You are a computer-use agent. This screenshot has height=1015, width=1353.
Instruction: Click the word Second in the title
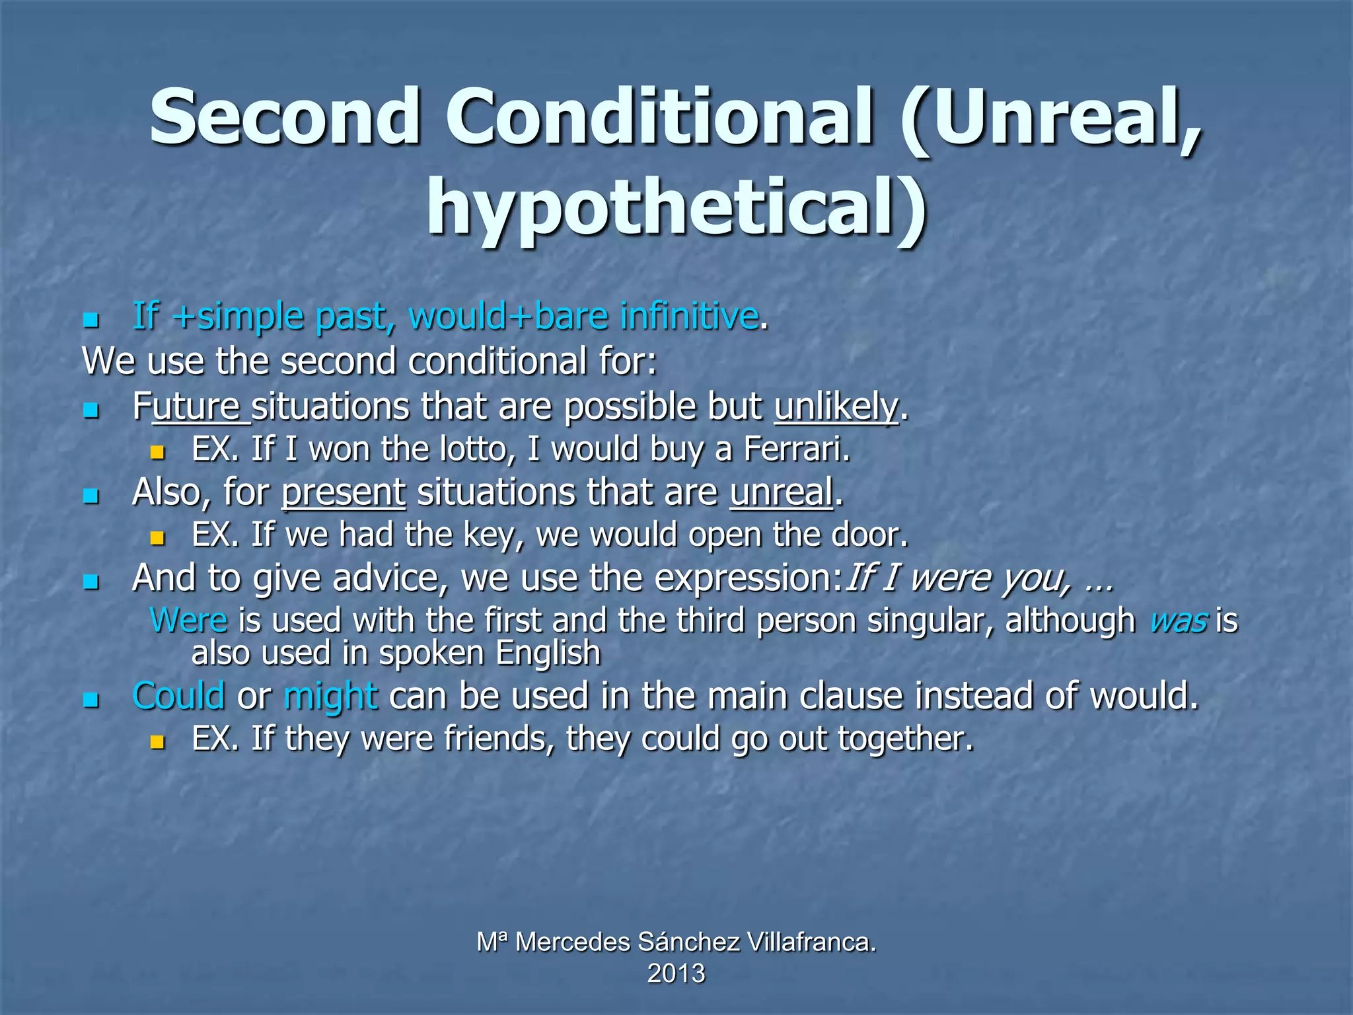(x=285, y=117)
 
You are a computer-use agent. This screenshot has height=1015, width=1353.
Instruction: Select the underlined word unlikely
(x=836, y=406)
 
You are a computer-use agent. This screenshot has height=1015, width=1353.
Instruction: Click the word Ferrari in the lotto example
(x=795, y=449)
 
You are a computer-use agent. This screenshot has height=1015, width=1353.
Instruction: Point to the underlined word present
(x=344, y=493)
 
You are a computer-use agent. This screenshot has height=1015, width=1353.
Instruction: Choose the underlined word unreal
(x=782, y=493)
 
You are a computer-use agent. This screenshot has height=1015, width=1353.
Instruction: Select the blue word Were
(x=189, y=620)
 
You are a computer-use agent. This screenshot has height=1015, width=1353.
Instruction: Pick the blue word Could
(x=178, y=696)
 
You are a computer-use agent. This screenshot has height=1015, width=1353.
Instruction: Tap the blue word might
(x=330, y=696)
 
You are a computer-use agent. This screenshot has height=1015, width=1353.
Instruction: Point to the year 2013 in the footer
(x=676, y=973)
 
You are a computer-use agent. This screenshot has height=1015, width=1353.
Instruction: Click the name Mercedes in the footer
(x=572, y=942)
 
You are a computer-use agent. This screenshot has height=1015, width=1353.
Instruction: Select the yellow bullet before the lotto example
(x=157, y=453)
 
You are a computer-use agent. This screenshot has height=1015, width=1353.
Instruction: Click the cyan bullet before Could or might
(x=91, y=700)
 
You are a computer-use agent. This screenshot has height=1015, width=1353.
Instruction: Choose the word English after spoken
(x=548, y=654)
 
